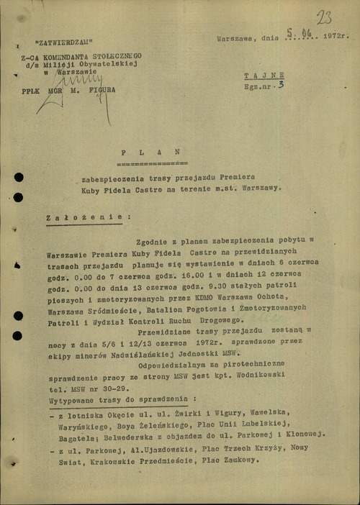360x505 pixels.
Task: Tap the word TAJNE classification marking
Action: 264,75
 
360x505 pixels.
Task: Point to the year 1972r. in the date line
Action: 336,34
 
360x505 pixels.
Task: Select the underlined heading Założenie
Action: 88,215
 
